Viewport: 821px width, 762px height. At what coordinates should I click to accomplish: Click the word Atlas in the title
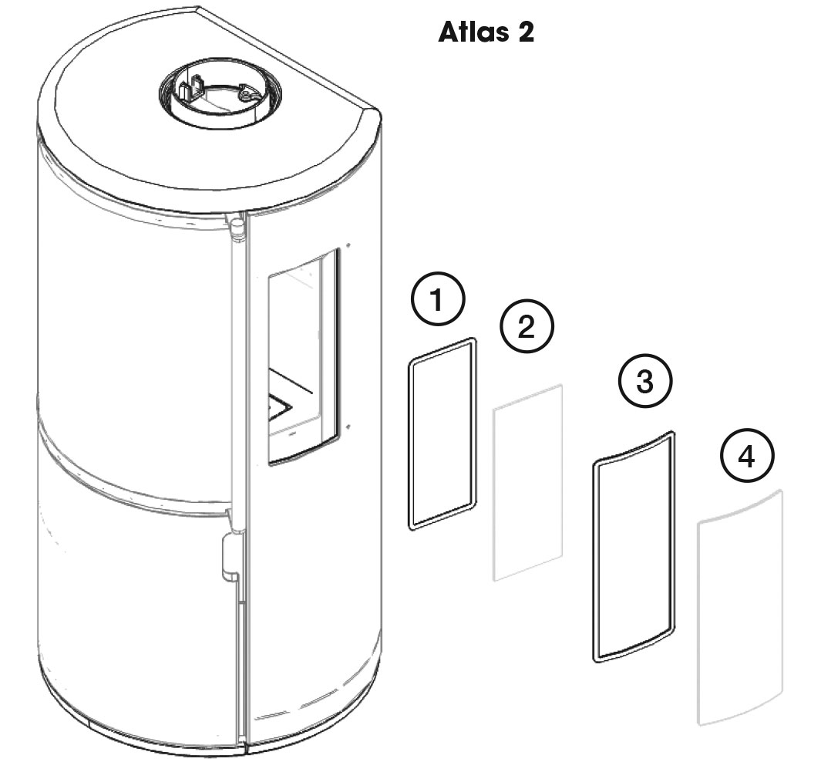click(x=473, y=32)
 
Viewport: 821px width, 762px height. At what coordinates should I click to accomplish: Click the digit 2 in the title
click(x=526, y=32)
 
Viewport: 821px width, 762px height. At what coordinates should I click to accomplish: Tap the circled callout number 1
click(x=438, y=300)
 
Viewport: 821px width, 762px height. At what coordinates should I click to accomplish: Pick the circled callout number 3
click(x=645, y=381)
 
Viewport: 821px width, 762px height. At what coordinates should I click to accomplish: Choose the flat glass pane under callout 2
click(x=528, y=483)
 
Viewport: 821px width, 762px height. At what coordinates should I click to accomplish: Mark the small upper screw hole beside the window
click(x=347, y=244)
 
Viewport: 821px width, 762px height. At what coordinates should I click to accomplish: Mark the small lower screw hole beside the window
click(x=347, y=427)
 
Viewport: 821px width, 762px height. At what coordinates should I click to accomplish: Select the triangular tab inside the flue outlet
click(x=246, y=93)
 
